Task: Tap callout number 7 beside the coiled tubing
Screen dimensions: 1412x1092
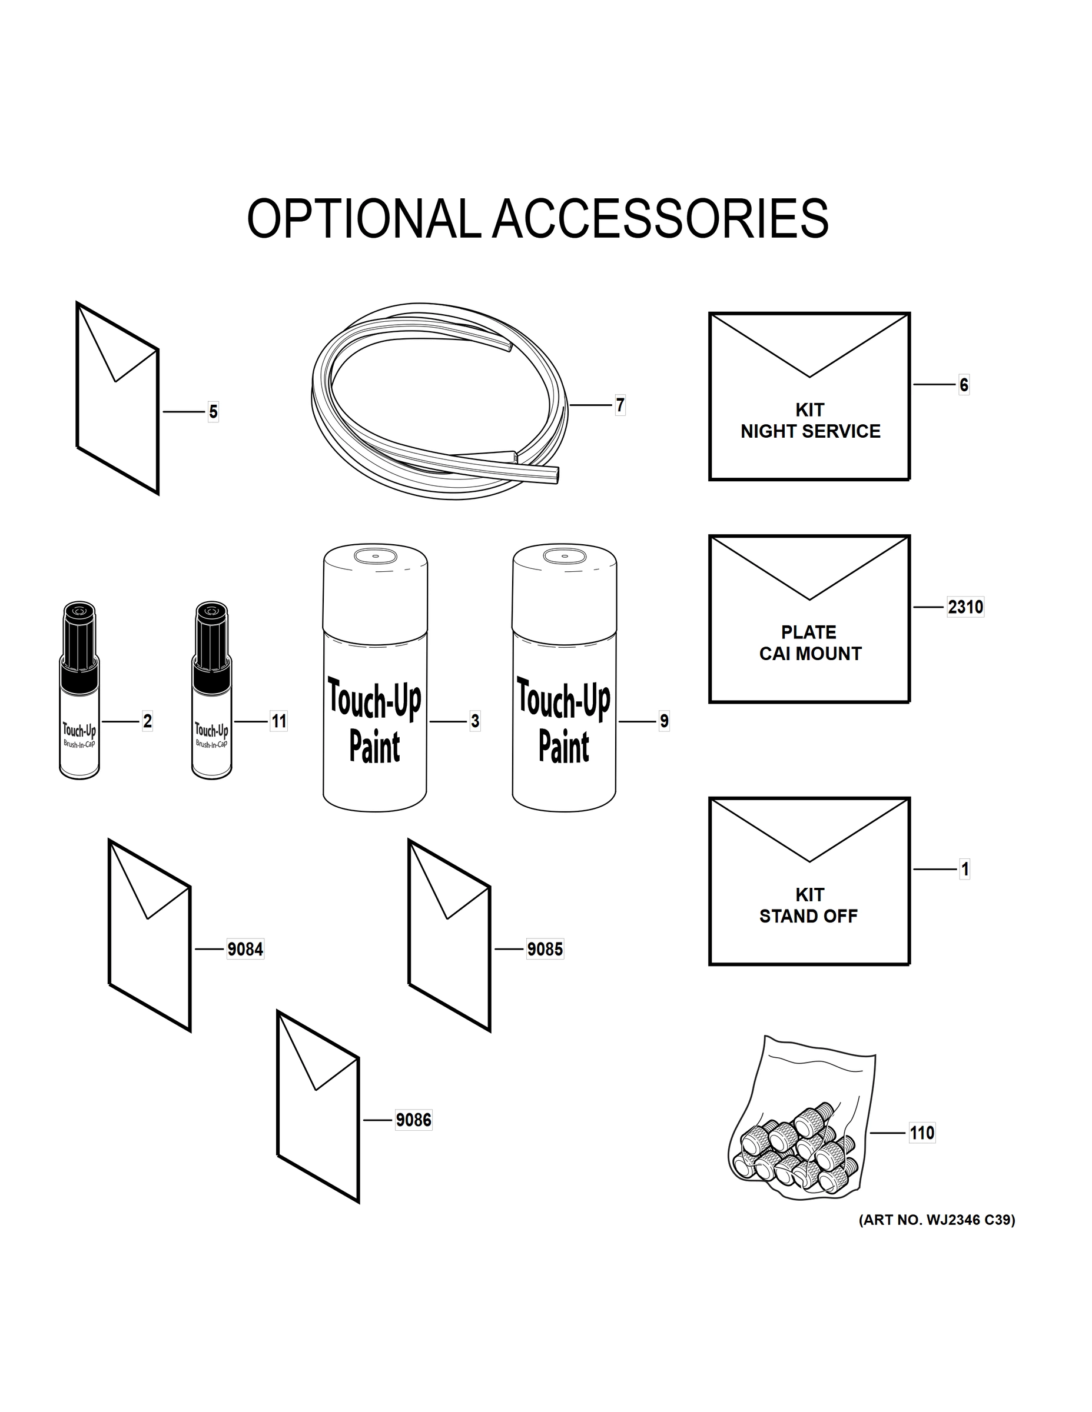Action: pos(620,405)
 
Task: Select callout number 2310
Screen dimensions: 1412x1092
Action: pos(965,607)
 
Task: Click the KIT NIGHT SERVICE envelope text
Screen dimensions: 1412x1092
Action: pos(810,421)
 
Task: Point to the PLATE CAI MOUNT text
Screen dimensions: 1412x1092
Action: pos(810,642)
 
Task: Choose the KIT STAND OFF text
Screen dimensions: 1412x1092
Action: pos(809,905)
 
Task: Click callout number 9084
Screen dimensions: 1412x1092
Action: pos(245,949)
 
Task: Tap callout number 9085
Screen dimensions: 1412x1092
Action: pos(545,949)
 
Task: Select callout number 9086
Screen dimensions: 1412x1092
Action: pos(413,1120)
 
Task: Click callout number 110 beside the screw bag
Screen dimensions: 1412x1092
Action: pos(922,1133)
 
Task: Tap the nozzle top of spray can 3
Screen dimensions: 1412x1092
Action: pos(375,555)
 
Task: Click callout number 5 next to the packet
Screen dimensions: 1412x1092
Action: pos(213,412)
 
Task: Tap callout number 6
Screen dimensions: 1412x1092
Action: pos(964,385)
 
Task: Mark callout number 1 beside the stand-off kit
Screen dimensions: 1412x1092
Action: pos(965,869)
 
